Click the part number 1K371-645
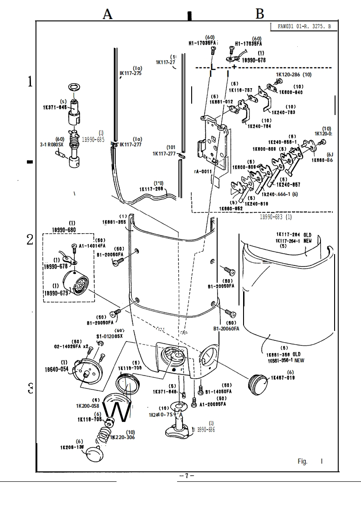[55, 107]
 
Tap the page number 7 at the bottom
[187, 475]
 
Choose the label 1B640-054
[57, 369]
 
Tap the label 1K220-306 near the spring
[122, 437]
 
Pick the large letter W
[117, 412]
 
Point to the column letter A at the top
[107, 14]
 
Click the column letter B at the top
[259, 14]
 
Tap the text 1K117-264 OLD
[293, 235]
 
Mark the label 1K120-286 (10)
[294, 75]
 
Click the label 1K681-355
[114, 222]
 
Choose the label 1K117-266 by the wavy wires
[152, 189]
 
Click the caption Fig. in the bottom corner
[302, 461]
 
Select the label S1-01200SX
[109, 336]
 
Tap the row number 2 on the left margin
[30, 240]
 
